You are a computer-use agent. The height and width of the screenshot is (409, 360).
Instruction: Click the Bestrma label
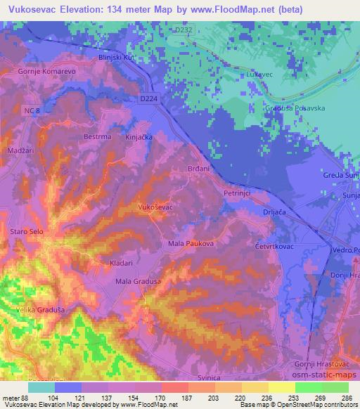click(98, 138)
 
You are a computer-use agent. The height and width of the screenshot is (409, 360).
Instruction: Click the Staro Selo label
click(26, 231)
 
